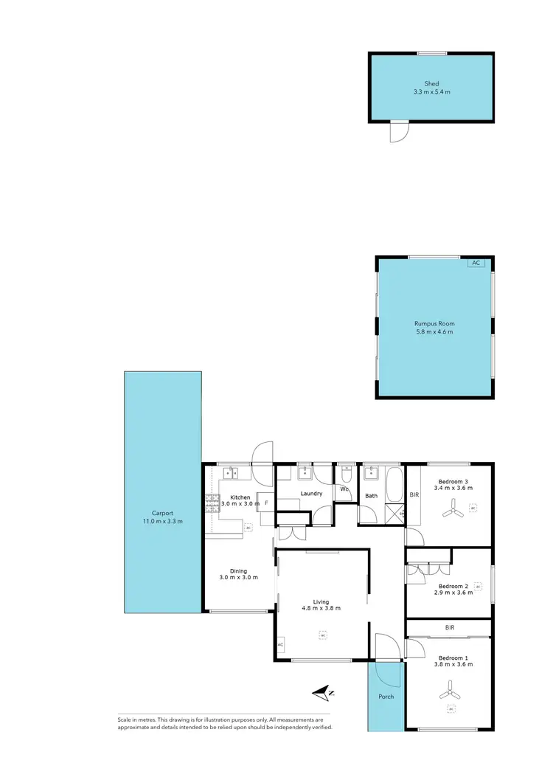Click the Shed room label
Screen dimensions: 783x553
coord(431,84)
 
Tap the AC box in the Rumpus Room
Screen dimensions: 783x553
coord(476,263)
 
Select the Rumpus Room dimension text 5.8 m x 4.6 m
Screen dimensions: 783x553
coord(434,332)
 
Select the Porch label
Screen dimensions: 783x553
coord(386,696)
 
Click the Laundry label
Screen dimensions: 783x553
coord(312,493)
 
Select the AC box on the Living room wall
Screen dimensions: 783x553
coord(280,645)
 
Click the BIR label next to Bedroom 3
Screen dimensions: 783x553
coord(414,494)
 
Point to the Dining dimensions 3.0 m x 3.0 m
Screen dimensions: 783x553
coord(238,577)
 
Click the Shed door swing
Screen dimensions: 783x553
coord(398,133)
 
